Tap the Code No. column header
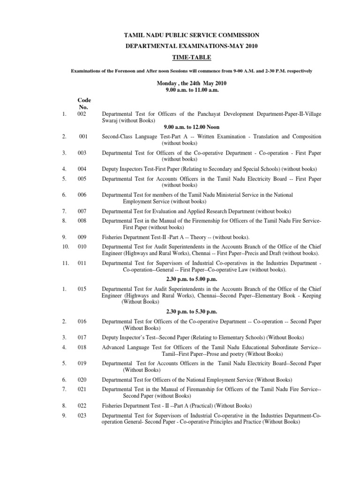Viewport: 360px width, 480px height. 84,104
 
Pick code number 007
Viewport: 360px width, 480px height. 82,211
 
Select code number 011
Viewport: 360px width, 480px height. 82,263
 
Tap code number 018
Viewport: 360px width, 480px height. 82,347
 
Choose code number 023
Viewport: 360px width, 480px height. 82,416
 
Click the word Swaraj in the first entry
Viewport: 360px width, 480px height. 110,120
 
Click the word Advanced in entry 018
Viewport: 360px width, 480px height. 114,347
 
